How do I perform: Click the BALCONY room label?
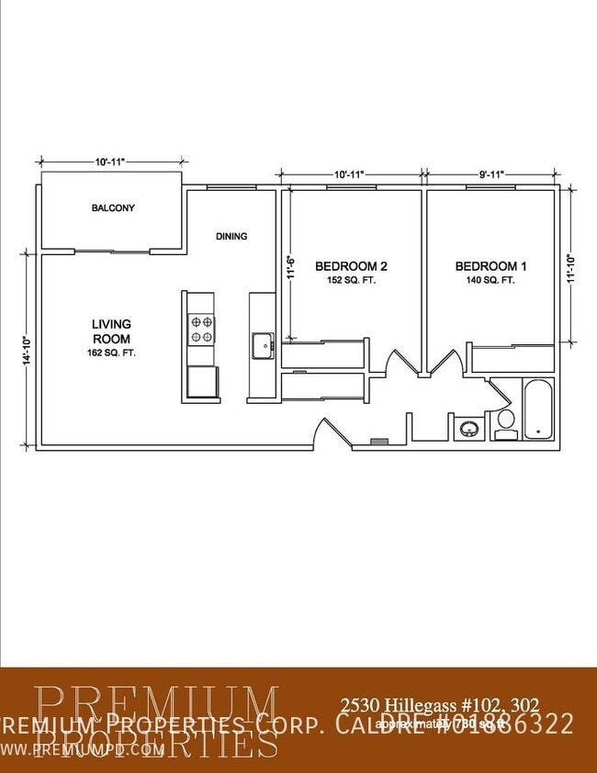click(113, 207)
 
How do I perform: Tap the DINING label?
click(231, 236)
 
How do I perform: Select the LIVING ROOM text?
click(111, 331)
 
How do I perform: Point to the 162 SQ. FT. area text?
click(111, 353)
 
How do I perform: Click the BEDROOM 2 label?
click(351, 266)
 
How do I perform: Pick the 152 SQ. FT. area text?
click(351, 280)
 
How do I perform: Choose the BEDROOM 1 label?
click(491, 266)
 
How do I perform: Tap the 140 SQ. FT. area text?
click(491, 280)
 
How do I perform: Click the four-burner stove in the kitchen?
click(201, 329)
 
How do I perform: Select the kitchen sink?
click(261, 346)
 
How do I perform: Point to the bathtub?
click(536, 409)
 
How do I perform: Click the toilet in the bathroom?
click(504, 423)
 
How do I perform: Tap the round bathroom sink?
click(470, 428)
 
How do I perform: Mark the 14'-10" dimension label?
click(27, 350)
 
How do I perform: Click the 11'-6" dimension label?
click(288, 265)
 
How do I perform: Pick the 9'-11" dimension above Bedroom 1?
click(490, 174)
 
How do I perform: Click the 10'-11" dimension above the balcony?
click(109, 162)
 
